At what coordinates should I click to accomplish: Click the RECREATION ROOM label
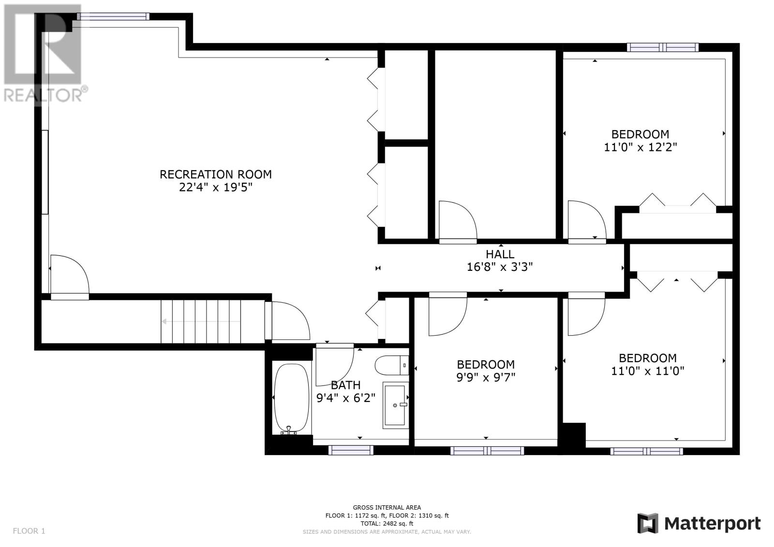[216, 175]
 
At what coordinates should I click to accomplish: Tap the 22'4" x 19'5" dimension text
[216, 187]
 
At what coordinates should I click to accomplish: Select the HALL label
[500, 254]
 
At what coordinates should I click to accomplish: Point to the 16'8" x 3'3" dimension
[500, 267]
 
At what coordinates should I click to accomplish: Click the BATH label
[345, 385]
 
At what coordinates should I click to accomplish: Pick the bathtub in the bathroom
[291, 399]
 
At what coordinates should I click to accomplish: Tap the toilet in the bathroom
[392, 365]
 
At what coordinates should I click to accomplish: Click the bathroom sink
[396, 405]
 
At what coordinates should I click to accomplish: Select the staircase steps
[201, 321]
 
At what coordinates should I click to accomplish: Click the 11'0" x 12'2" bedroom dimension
[640, 147]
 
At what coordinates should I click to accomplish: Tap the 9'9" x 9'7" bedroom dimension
[486, 377]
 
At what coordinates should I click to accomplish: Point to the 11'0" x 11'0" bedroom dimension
[648, 371]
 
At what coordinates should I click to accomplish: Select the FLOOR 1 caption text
[29, 531]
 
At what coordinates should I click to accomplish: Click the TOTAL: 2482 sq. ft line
[387, 523]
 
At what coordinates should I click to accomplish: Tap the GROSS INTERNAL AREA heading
[387, 508]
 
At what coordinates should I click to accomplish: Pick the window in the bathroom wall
[351, 450]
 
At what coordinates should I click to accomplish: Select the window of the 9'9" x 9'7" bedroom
[487, 451]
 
